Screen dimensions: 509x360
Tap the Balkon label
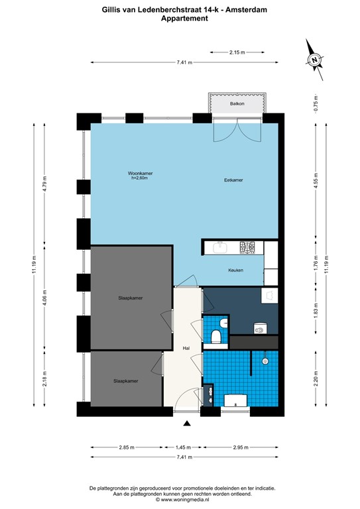[237, 105]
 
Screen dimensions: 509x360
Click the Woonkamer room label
[140, 174]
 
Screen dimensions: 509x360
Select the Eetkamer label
[233, 180]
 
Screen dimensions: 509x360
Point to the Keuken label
[235, 270]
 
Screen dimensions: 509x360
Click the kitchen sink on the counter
[219, 248]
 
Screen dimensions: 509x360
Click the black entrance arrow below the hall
[187, 424]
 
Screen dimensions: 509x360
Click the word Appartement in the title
[180, 19]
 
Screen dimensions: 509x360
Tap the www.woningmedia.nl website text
[180, 499]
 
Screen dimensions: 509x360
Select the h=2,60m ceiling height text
[140, 178]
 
